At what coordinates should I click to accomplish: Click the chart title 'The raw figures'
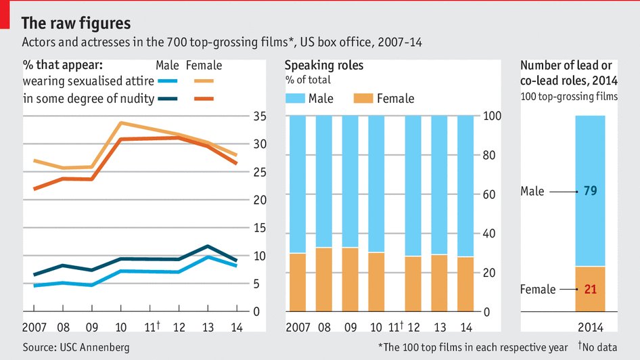pos(76,24)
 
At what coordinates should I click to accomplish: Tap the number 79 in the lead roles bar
pos(590,192)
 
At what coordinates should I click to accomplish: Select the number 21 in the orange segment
pos(590,290)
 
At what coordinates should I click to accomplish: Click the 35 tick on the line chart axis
pos(259,116)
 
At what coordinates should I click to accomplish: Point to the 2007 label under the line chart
pos(35,328)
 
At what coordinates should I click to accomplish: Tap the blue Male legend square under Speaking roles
pos(295,99)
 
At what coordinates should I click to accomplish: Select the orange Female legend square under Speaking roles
pos(363,99)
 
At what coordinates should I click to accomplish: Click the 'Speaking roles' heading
pos(323,66)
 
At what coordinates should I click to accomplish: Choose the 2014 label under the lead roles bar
pos(590,328)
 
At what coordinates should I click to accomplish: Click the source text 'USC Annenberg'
pos(94,347)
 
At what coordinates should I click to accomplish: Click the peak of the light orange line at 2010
pos(120,123)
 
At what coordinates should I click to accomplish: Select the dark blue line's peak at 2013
pos(208,246)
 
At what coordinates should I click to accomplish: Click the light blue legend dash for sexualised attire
pos(167,82)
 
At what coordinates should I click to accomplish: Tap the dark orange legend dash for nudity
pos(204,99)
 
